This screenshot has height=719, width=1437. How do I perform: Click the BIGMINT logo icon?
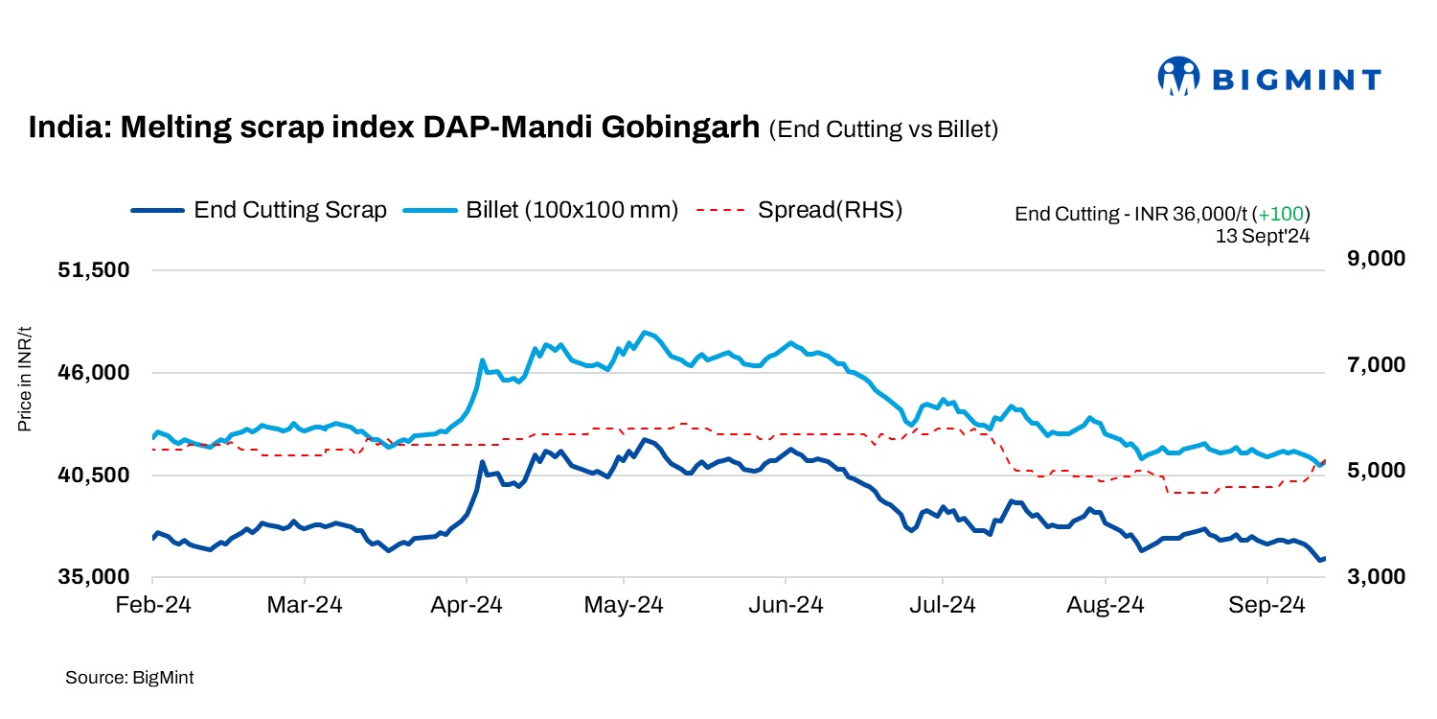pos(1179,77)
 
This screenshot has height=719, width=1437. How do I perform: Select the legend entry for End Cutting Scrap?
pos(259,210)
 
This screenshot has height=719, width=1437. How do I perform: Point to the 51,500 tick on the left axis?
pos(95,270)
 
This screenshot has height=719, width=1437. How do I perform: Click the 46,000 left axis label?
pos(95,373)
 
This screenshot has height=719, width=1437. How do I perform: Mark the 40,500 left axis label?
pos(95,475)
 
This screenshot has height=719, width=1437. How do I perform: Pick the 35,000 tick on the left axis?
pos(95,578)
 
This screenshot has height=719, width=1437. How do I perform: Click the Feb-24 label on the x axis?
pos(153,607)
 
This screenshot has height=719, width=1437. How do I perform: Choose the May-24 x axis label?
pos(624,607)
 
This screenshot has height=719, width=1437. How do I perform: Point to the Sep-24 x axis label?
pos(1267,607)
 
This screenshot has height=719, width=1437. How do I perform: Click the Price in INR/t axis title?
pos(26,379)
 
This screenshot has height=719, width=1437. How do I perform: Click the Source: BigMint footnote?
pos(129,678)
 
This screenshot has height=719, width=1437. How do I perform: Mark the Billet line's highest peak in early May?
pos(646,332)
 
